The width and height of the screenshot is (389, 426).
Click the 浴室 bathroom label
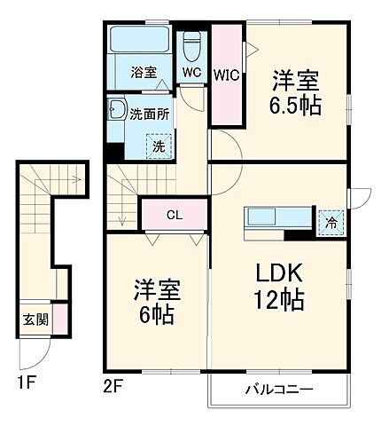point(144,74)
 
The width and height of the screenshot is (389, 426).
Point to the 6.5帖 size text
point(296,105)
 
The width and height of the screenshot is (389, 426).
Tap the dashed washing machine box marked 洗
point(156,146)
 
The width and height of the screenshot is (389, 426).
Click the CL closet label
point(174,214)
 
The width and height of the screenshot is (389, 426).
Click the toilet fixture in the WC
point(191,45)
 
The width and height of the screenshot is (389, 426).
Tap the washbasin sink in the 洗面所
point(117,113)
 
